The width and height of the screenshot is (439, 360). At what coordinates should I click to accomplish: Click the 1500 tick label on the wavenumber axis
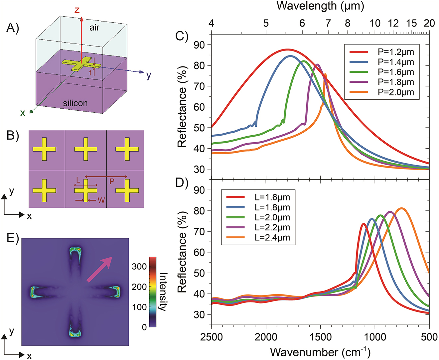pos(320,337)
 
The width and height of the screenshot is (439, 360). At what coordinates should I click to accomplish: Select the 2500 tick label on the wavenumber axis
pos(211,337)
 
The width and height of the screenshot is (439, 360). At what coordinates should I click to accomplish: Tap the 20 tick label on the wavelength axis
pos(429,23)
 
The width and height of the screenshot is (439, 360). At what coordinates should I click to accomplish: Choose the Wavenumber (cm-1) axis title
pos(320,352)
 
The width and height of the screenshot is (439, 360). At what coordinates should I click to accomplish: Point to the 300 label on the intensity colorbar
pos(139,267)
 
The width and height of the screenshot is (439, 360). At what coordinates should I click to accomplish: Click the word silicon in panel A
pos(75,103)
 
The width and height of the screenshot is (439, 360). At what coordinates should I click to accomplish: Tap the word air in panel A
pos(94,28)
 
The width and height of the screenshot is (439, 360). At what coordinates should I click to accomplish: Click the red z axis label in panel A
pos(77,10)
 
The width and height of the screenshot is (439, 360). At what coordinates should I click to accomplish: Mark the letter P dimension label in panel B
pos(112,181)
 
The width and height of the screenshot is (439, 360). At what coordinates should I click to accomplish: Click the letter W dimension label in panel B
pos(101,200)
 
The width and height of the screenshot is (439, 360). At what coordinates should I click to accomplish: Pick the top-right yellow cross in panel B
pos(127,149)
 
